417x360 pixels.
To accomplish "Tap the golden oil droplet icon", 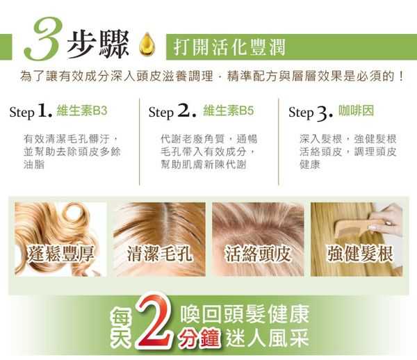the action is pyautogui.click(x=147, y=44).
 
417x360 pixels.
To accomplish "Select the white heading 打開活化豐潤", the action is pyautogui.click(x=229, y=47).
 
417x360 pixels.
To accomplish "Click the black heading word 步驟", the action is pyautogui.click(x=98, y=44).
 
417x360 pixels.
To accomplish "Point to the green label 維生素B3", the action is pyautogui.click(x=82, y=111).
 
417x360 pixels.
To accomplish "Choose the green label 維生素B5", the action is pyautogui.click(x=229, y=111).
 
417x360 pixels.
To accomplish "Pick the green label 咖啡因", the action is pyautogui.click(x=356, y=111).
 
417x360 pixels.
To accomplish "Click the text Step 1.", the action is pyautogui.click(x=31, y=111).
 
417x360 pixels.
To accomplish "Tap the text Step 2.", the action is pyautogui.click(x=172, y=111).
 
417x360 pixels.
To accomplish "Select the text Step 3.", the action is pyautogui.click(x=311, y=112).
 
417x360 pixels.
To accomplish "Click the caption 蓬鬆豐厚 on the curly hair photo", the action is pyautogui.click(x=61, y=254).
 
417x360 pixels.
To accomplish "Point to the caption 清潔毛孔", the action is pyautogui.click(x=159, y=254).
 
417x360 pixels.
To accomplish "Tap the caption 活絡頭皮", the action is pyautogui.click(x=258, y=254).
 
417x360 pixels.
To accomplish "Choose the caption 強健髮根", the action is pyautogui.click(x=360, y=254).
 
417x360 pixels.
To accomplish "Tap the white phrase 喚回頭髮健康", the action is pyautogui.click(x=245, y=314).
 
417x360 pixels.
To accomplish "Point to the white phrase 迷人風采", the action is pyautogui.click(x=268, y=338).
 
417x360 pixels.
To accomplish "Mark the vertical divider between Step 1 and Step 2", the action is pyautogui.click(x=140, y=142).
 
